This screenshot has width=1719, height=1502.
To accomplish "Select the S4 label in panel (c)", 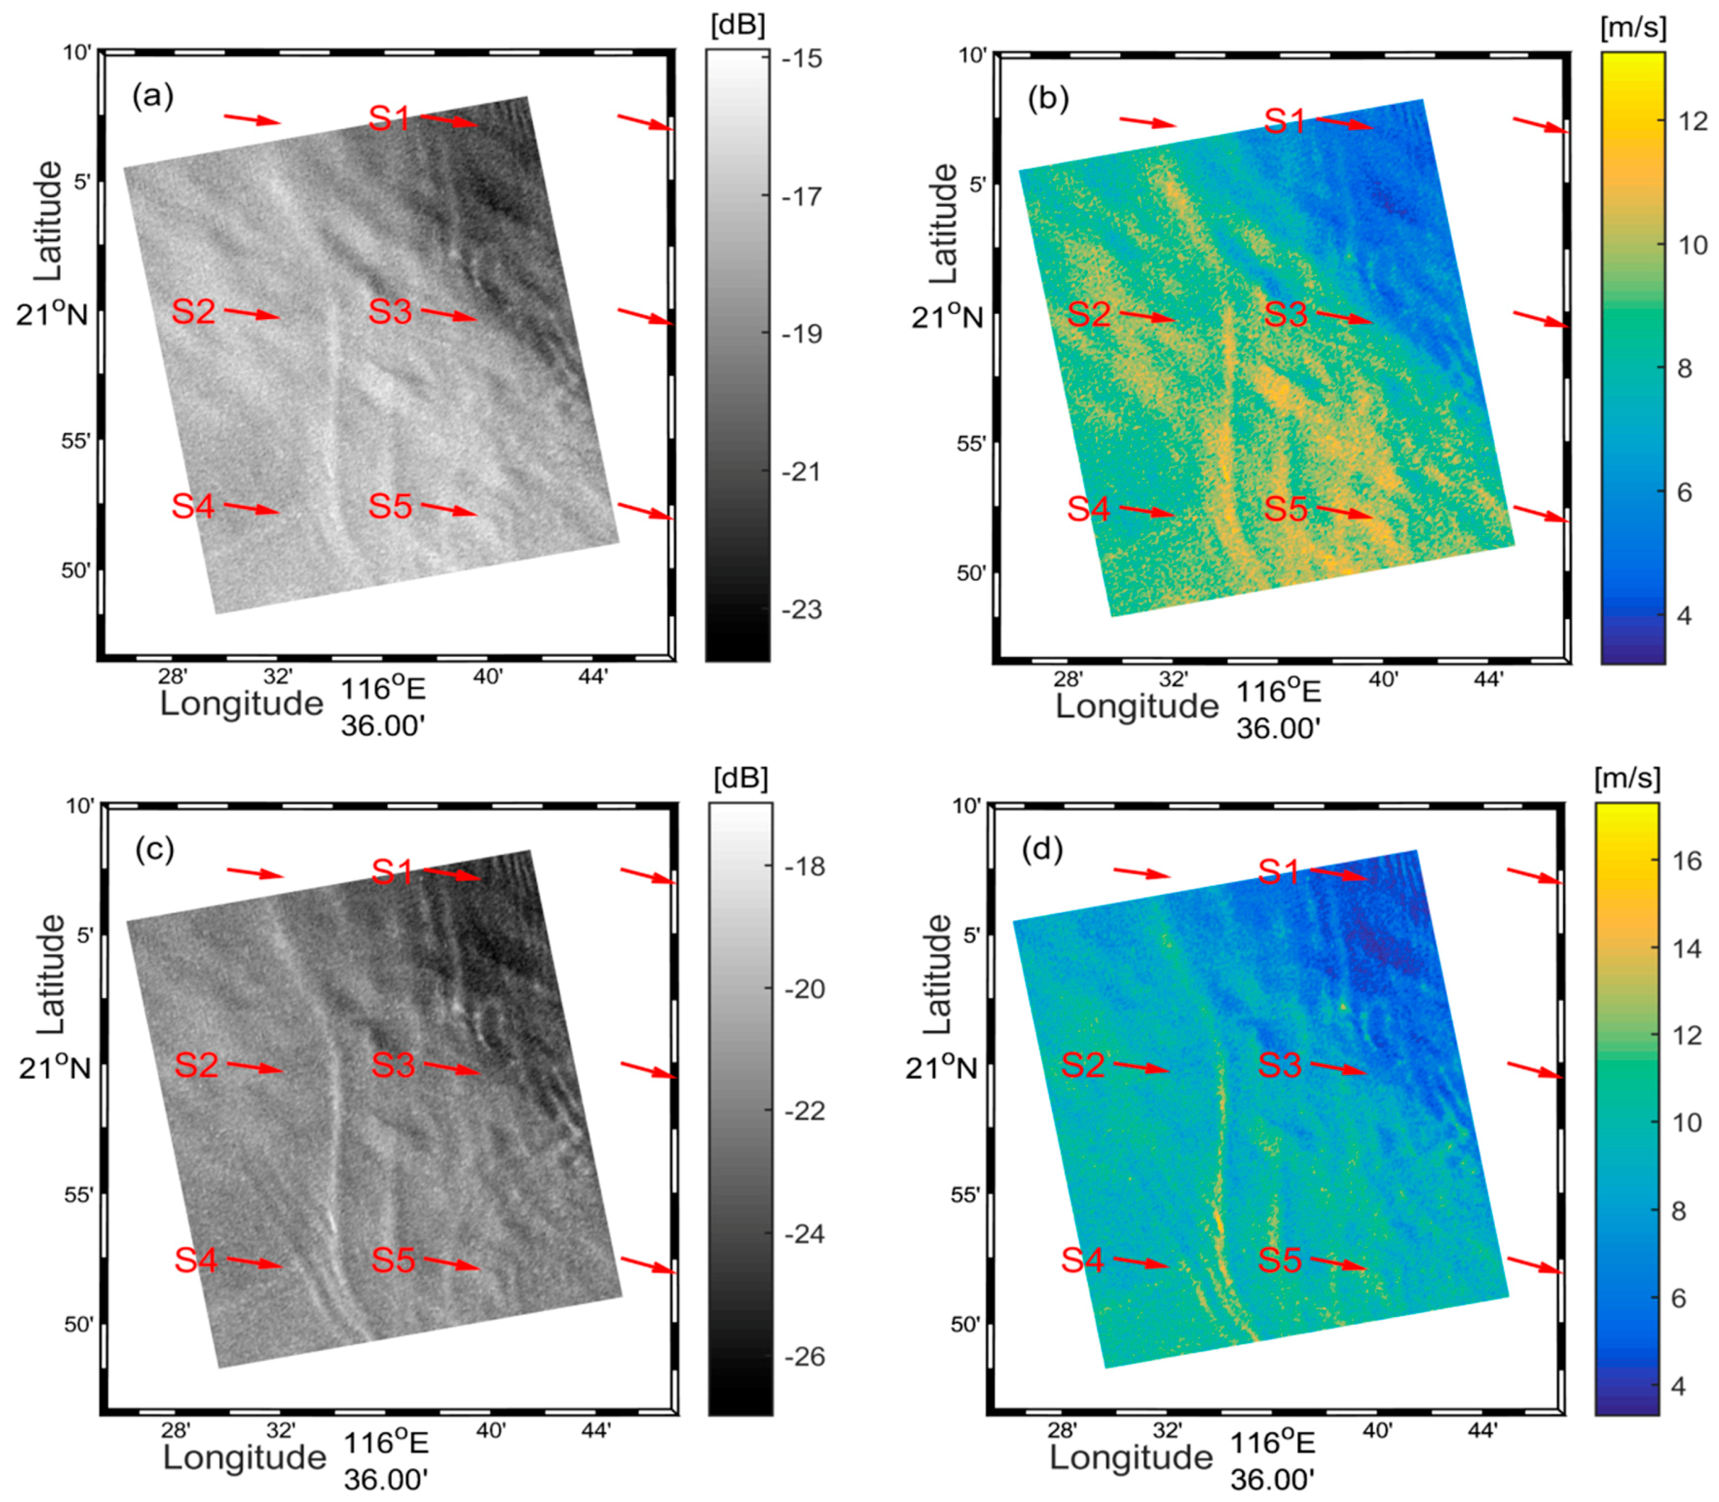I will click(x=195, y=1260).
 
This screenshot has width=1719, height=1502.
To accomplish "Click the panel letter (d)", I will click(x=1042, y=851).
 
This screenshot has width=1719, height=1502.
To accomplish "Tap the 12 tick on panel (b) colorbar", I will click(x=1693, y=122).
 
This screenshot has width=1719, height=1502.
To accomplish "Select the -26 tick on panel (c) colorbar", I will click(x=804, y=1356).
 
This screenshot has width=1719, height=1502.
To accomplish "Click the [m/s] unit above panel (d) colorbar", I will click(x=1627, y=779).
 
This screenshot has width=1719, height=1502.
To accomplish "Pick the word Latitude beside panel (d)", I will click(x=938, y=974).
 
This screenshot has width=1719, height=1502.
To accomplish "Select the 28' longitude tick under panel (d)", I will click(x=1061, y=1431).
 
